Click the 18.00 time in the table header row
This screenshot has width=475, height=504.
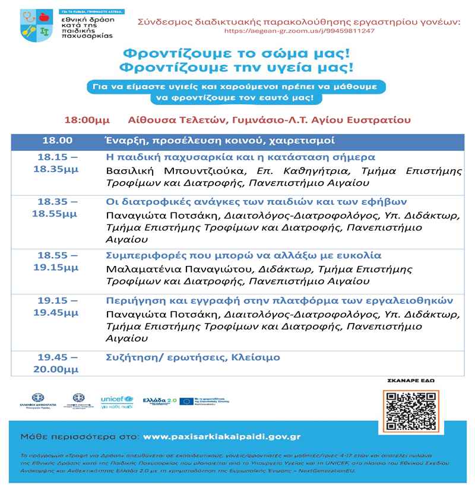click(x=57, y=141)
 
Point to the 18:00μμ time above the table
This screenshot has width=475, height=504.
click(x=87, y=119)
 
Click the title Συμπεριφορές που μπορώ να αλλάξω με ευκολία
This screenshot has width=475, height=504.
click(x=243, y=256)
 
